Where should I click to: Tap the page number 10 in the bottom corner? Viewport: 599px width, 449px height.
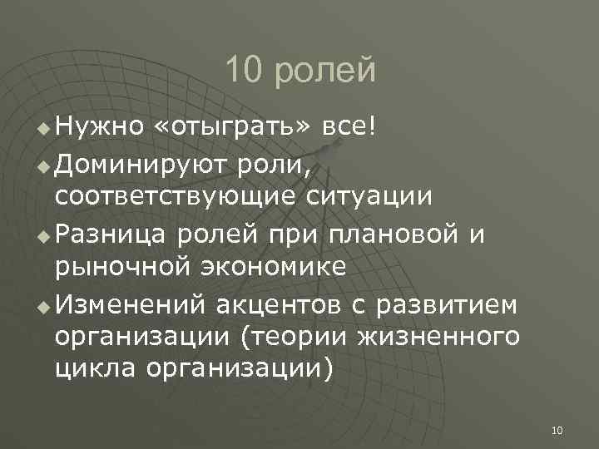coord(557,430)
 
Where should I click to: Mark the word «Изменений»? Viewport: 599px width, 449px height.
coord(131,306)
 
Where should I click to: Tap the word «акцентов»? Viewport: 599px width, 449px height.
coord(278,306)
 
